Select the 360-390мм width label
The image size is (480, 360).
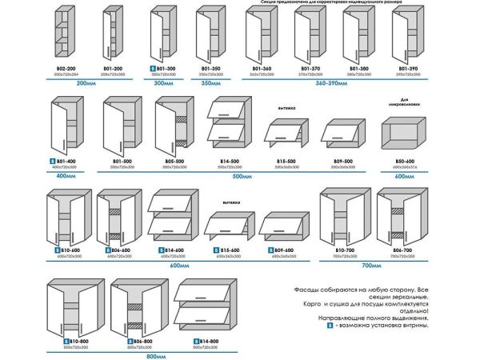tap(336, 82)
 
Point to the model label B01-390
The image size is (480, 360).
tap(408, 70)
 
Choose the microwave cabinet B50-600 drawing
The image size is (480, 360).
tap(406, 137)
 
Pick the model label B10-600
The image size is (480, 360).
tap(70, 250)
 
